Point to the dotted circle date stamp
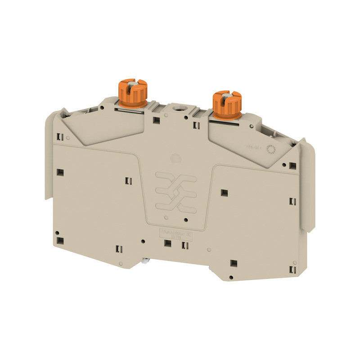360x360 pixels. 271,150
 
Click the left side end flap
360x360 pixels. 51,157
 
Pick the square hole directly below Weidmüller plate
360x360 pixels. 167,243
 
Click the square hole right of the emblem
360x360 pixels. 224,193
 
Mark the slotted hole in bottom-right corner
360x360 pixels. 293,269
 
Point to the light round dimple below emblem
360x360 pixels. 166,218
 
